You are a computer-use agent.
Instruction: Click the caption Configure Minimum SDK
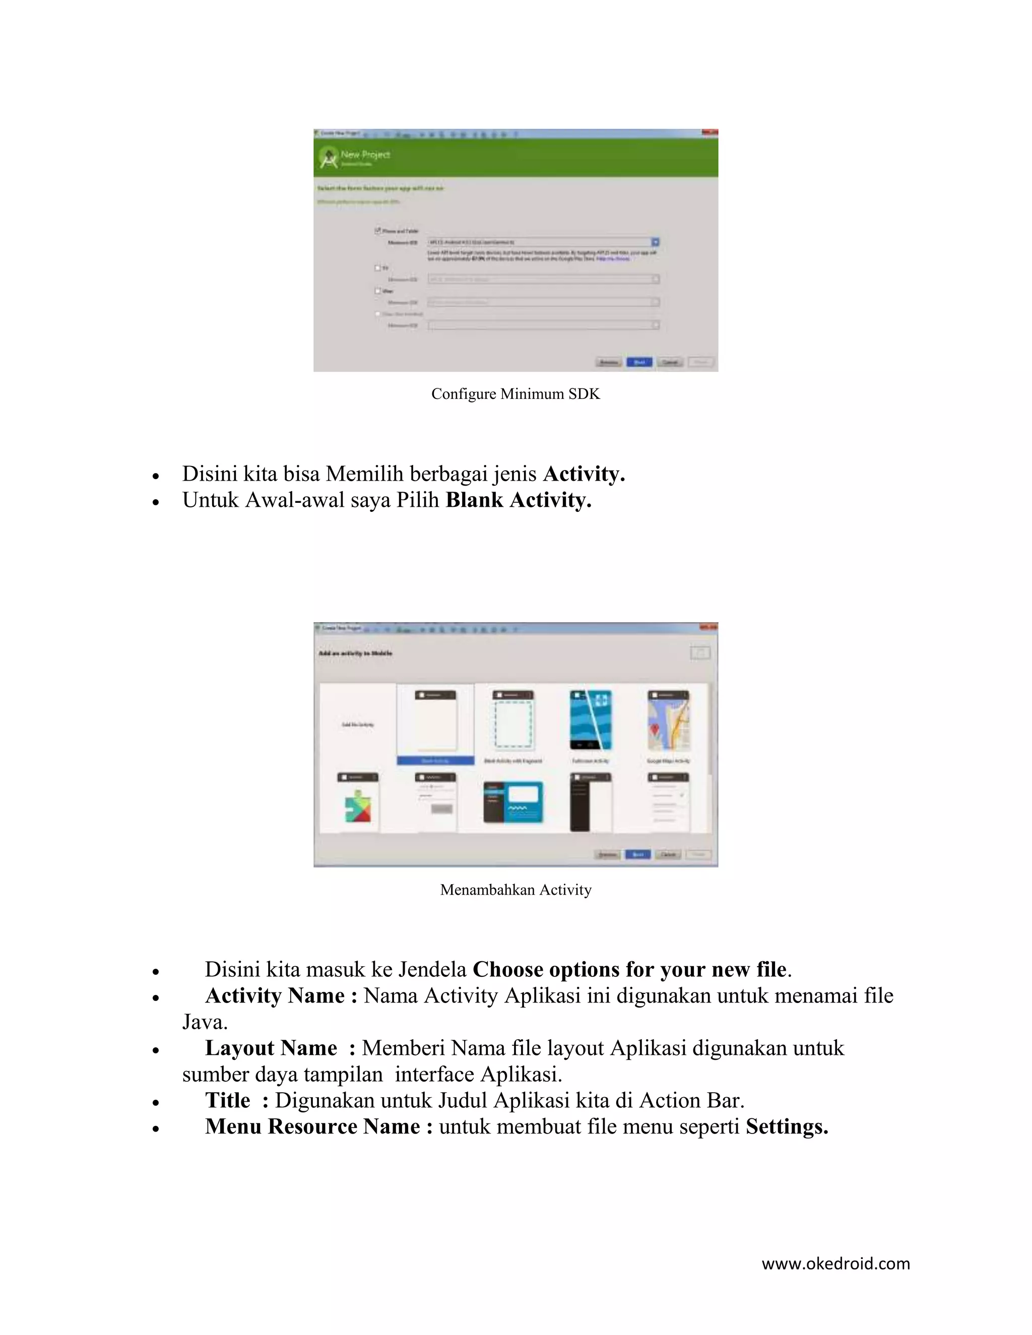[x=515, y=393]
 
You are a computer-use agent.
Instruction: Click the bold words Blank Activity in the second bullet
[x=518, y=500]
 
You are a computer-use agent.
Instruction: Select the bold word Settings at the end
[x=786, y=1126]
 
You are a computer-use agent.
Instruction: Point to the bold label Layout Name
[x=271, y=1048]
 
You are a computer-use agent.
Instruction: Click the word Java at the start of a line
[x=204, y=1022]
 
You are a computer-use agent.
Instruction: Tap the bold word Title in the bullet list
[x=227, y=1100]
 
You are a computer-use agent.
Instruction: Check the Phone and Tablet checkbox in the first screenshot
[x=378, y=230]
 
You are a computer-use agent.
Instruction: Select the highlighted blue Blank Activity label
[x=435, y=760]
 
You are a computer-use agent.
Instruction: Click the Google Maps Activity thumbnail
[x=668, y=722]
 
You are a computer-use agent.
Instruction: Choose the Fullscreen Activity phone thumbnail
[x=590, y=721]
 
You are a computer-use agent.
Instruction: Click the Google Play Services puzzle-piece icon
[x=358, y=806]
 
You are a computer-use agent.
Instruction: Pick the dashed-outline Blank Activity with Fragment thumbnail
[x=513, y=722]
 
